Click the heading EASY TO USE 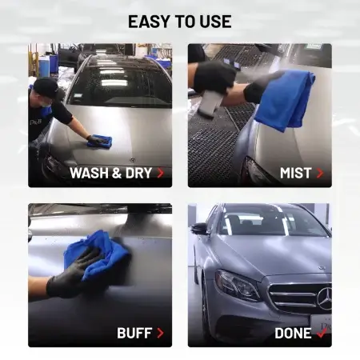tap(180, 22)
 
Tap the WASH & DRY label tap(111, 173)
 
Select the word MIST tap(296, 173)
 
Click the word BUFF tap(134, 333)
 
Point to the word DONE tap(293, 334)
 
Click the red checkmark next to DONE tap(322, 332)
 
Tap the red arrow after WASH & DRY tap(161, 173)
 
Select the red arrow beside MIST tap(320, 173)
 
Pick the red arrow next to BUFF tap(160, 333)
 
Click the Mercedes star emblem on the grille tap(325, 298)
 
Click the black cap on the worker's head tap(46, 88)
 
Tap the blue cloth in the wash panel tap(100, 141)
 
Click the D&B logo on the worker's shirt tap(36, 122)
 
